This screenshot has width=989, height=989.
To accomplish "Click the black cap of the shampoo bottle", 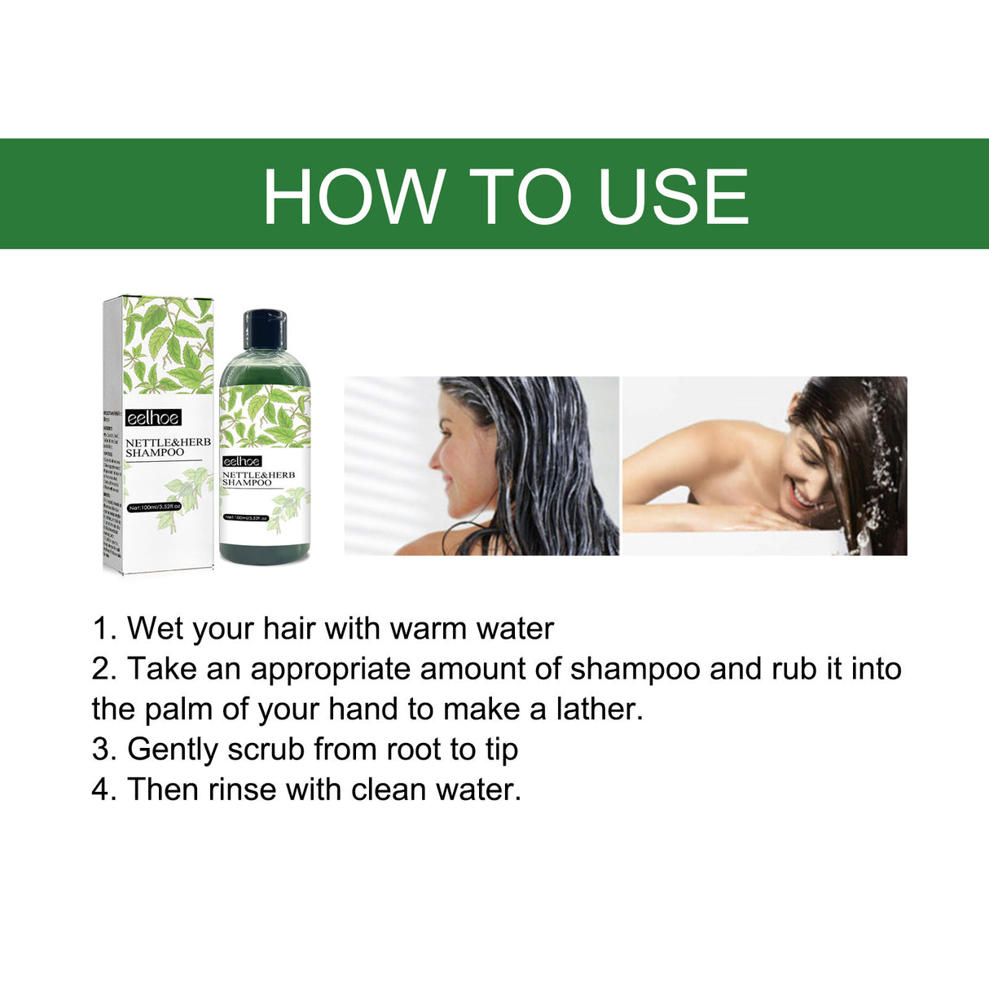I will click(265, 328).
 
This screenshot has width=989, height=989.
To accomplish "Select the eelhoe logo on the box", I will click(153, 418).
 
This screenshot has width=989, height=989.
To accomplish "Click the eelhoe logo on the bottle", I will click(242, 461).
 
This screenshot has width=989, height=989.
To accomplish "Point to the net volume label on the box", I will click(154, 508).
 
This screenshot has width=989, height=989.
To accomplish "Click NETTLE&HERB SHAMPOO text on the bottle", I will click(258, 478).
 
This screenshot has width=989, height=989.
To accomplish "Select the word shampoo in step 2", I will click(635, 669).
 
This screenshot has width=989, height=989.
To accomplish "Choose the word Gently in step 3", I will click(173, 749).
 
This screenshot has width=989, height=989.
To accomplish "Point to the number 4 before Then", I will click(101, 789).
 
